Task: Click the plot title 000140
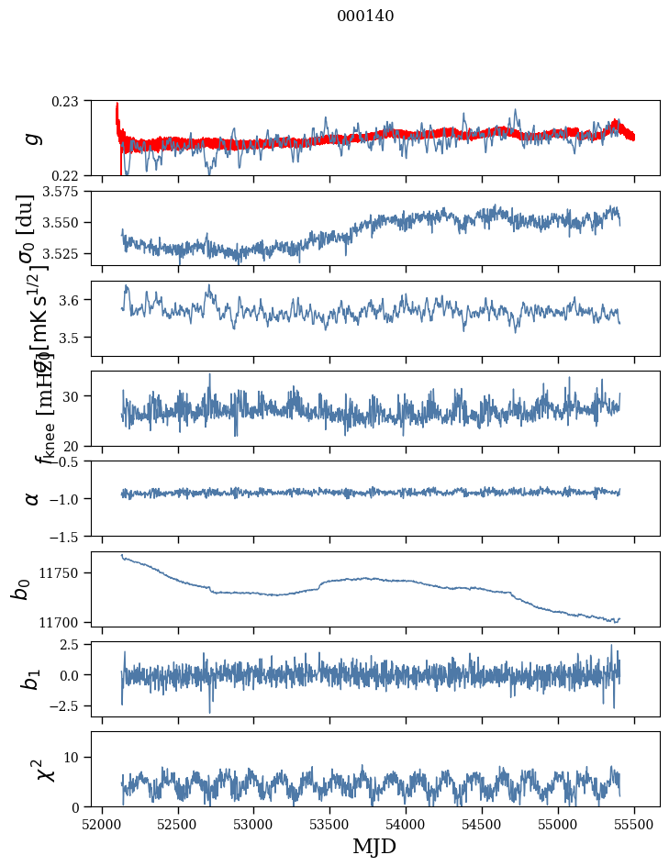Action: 365,16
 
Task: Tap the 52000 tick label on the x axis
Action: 102,823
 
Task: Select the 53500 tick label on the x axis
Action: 329,823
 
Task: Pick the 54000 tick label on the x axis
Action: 406,823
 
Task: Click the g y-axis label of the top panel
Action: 32,138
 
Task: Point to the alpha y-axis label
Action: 32,498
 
